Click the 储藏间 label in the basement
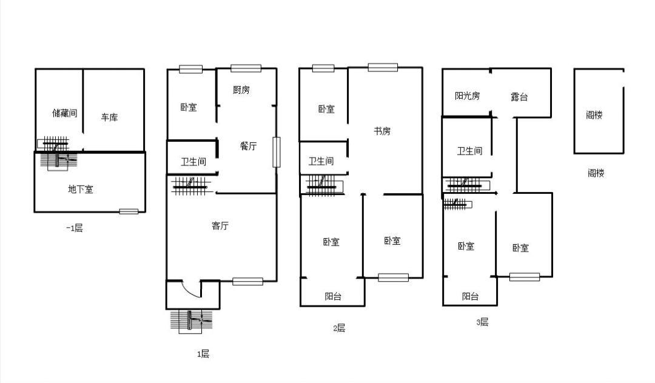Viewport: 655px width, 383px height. tap(65, 113)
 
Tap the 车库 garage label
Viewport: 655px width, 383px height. tap(109, 117)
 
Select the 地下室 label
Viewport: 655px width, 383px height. tap(80, 190)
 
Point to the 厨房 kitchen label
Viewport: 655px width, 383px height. tap(241, 90)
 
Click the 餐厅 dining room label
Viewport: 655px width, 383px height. tap(248, 146)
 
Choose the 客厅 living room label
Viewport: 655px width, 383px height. tap(220, 225)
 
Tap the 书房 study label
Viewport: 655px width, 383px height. tap(382, 131)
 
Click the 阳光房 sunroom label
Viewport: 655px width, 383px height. tap(467, 96)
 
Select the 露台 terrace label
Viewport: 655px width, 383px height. tap(519, 97)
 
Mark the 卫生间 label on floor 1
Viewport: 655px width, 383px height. tap(193, 161)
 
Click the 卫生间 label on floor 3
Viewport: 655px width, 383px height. tap(469, 151)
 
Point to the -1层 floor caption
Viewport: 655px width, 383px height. tap(75, 228)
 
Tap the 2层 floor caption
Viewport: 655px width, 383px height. tap(339, 328)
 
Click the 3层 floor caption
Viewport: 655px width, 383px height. tap(482, 322)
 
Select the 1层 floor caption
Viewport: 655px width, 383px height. tap(203, 354)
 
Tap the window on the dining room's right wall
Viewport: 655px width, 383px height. tap(276, 152)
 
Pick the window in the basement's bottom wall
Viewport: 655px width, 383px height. tap(129, 211)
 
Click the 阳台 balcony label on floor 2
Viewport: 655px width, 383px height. tap(333, 296)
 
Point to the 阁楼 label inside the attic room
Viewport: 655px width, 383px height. tap(594, 115)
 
